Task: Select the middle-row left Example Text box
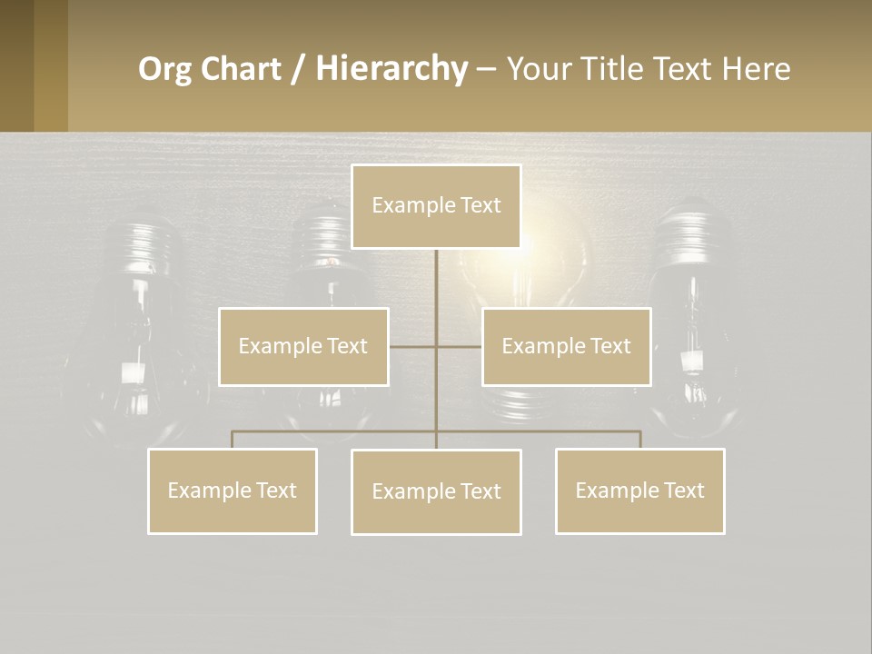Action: point(303,346)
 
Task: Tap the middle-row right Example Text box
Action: point(566,346)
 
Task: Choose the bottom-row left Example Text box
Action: point(232,490)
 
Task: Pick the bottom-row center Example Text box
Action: point(436,491)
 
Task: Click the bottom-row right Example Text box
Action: point(639,490)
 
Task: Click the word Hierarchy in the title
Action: point(391,68)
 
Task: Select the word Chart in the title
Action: point(239,69)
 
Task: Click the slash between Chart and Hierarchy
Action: point(298,69)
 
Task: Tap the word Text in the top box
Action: point(480,205)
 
